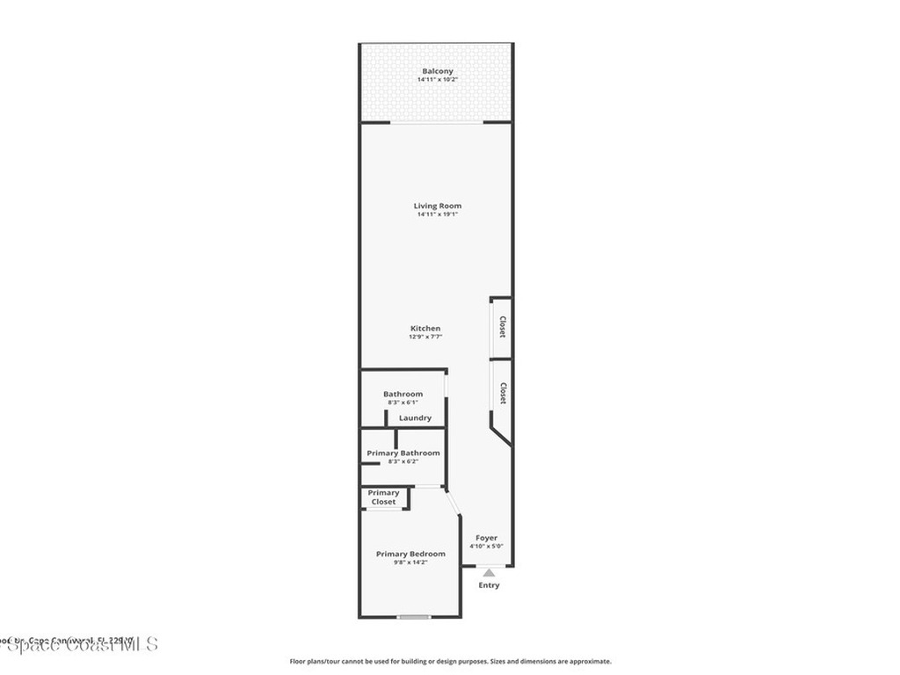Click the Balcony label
click(438, 71)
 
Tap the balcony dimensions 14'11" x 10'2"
click(438, 80)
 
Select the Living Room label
click(438, 206)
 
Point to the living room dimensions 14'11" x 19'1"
click(438, 214)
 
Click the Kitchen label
click(425, 329)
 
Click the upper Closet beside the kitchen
click(502, 328)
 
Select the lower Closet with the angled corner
click(502, 393)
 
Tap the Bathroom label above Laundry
click(403, 394)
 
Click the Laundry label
click(415, 418)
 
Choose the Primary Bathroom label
click(403, 453)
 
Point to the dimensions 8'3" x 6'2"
click(403, 461)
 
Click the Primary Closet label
click(383, 497)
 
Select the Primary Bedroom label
click(410, 554)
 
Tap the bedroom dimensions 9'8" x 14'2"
click(410, 562)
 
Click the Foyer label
click(486, 538)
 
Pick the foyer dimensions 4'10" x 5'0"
click(486, 547)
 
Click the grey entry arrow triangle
click(489, 573)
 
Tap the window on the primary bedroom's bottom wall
click(413, 617)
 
